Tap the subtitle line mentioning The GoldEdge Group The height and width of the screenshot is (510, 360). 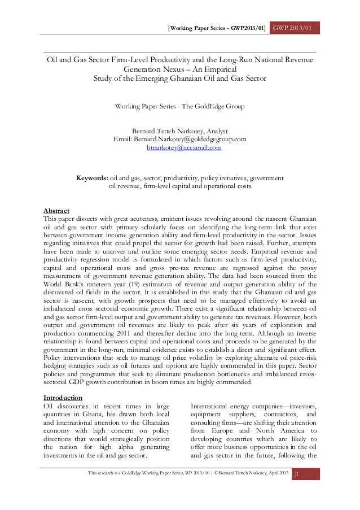pyautogui.click(x=179, y=106)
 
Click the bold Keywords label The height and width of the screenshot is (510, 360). pyautogui.click(x=93, y=178)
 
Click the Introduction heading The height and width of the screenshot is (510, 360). pyautogui.click(x=63, y=398)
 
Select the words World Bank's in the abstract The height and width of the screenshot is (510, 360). pyautogui.click(x=63, y=285)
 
